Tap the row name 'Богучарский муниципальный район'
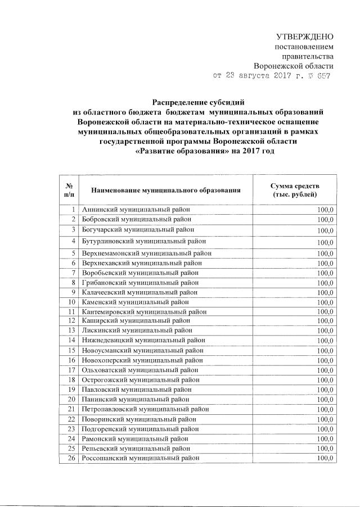[139, 230]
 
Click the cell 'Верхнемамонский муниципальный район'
[147, 253]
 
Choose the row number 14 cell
[71, 340]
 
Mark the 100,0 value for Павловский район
[325, 390]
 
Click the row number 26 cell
[71, 458]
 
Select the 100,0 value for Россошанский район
[325, 458]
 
